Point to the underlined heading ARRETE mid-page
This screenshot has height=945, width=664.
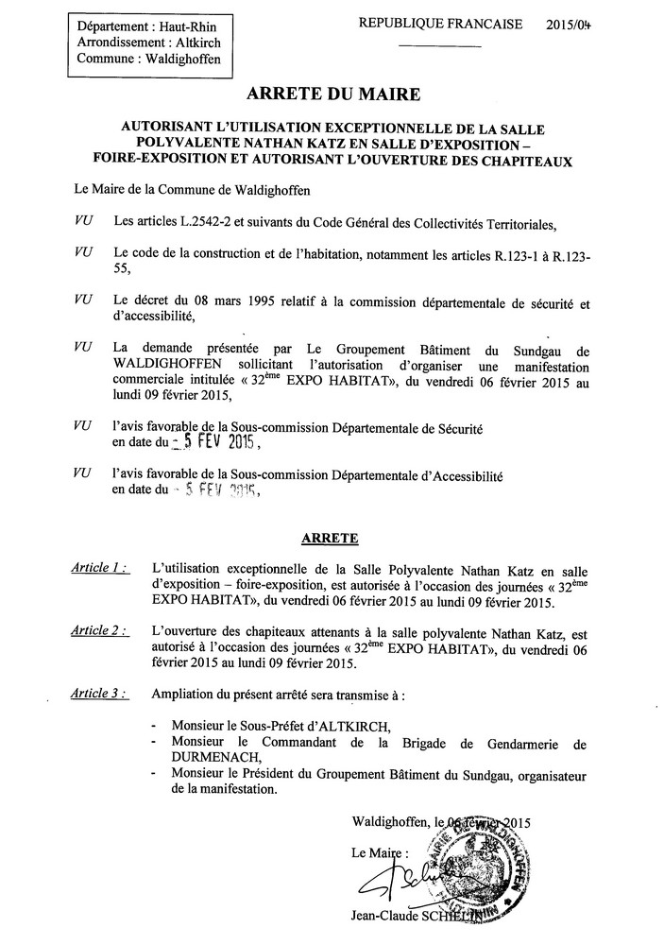point(329,539)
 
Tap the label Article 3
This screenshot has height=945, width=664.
point(98,695)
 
